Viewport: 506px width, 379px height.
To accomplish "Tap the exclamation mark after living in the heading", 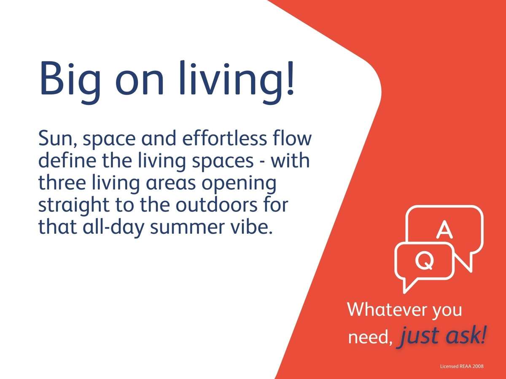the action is [x=291, y=78].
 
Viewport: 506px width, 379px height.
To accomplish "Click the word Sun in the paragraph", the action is [x=58, y=139].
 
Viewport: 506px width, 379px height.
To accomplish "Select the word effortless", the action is [x=224, y=138].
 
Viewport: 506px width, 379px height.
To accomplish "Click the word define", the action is [x=67, y=160].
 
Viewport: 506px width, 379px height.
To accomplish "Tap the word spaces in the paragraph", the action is [x=223, y=162].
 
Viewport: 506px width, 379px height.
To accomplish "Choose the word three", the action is [x=62, y=182].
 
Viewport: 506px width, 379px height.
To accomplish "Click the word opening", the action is [x=239, y=184].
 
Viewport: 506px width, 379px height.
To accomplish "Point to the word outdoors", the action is [x=216, y=205].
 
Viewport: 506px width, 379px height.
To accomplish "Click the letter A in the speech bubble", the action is [x=444, y=229].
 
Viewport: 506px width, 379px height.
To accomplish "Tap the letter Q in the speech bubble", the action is [x=424, y=260].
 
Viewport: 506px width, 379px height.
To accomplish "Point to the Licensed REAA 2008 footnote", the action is [x=461, y=366].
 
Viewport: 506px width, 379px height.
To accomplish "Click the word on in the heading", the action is [x=140, y=82].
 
